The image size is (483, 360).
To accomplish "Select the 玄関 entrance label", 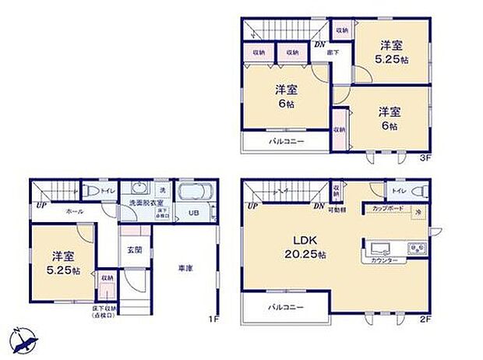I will point(135,250).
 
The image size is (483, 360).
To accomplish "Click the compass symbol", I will point(23,340).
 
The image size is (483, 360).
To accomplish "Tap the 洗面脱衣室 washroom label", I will point(141,205).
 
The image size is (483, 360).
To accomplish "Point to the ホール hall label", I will point(75,211).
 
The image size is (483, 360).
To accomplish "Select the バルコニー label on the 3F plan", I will point(287,143).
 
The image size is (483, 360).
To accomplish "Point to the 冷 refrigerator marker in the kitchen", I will point(417,212).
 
